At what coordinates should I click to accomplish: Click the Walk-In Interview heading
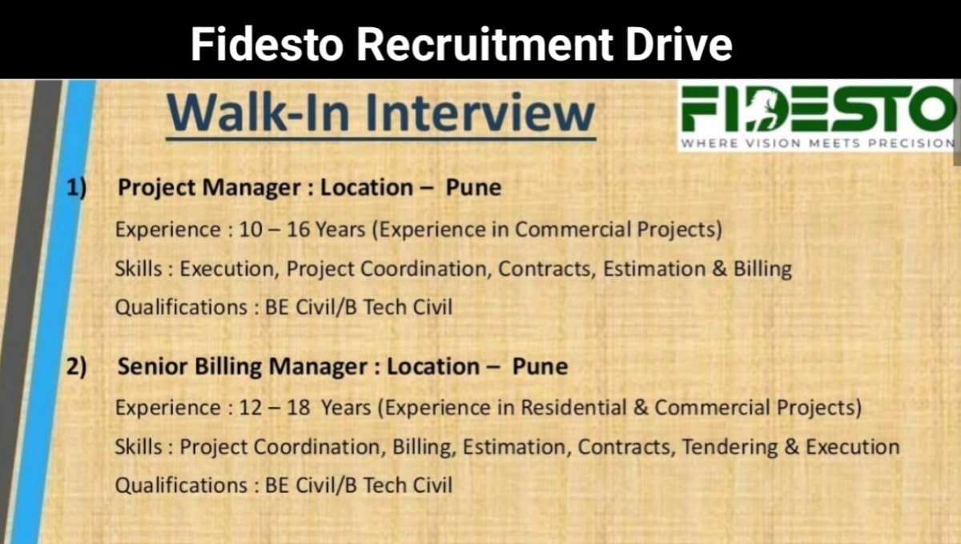pyautogui.click(x=380, y=113)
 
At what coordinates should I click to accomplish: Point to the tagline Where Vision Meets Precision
pyautogui.click(x=817, y=144)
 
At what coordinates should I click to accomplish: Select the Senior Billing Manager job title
pyautogui.click(x=245, y=366)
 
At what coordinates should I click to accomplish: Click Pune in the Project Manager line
pyautogui.click(x=473, y=188)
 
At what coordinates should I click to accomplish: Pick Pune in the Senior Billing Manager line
pyautogui.click(x=540, y=366)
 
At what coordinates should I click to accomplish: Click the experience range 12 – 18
pyautogui.click(x=274, y=408)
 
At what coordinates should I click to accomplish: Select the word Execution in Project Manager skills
pyautogui.click(x=228, y=269)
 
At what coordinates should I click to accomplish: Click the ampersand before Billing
pyautogui.click(x=720, y=269)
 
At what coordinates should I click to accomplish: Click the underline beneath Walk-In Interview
pyautogui.click(x=380, y=138)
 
